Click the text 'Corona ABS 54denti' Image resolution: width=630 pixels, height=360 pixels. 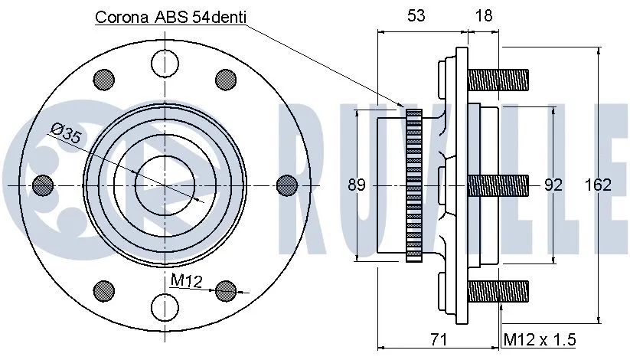click(170, 17)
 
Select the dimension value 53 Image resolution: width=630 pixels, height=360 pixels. click(416, 15)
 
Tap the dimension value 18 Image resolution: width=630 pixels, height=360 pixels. click(483, 15)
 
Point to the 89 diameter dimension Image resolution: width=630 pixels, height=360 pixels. click(356, 185)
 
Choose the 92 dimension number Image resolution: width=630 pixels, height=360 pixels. click(553, 185)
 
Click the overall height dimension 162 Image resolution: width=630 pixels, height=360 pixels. click(598, 185)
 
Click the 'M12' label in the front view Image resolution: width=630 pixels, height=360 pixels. click(184, 282)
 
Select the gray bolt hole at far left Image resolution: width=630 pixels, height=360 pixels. click(44, 184)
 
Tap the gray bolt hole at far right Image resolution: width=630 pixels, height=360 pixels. click(286, 184)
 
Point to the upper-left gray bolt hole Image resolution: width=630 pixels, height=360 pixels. click(103, 79)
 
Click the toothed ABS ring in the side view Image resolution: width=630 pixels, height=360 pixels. click(414, 185)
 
